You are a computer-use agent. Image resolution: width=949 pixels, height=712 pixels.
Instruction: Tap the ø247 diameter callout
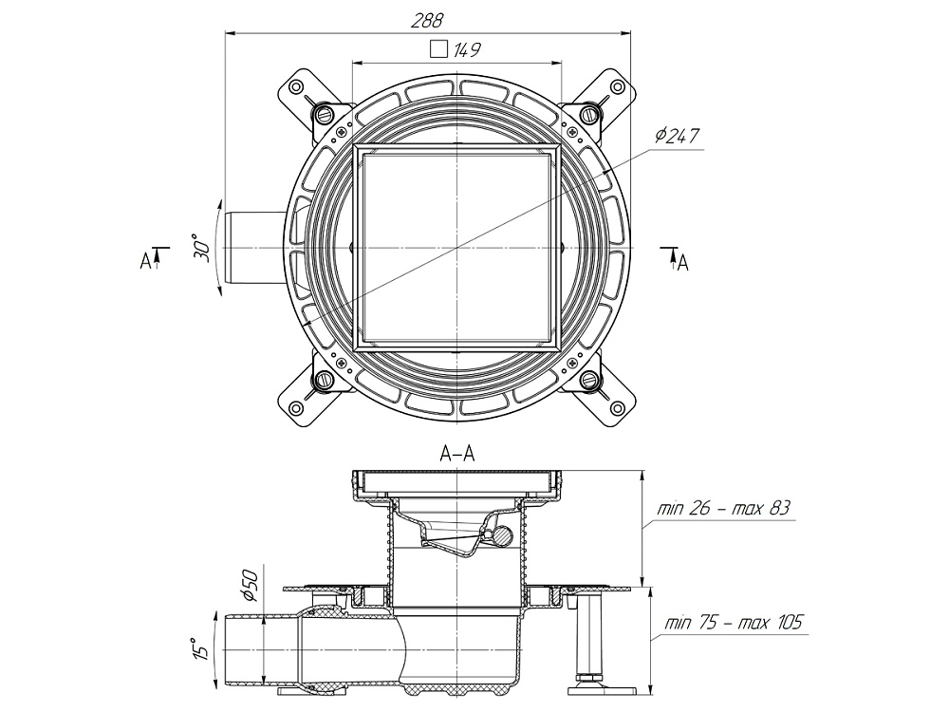tap(676, 137)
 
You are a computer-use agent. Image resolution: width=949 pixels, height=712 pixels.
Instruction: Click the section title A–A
tap(456, 455)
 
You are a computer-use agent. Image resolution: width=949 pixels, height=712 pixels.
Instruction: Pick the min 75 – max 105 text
tap(735, 624)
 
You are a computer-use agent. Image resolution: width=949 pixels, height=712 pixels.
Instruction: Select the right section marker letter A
tap(681, 262)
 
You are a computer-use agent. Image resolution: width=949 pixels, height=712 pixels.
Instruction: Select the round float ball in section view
tap(500, 536)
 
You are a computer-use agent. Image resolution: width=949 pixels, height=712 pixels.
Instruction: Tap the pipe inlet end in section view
tap(226, 648)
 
